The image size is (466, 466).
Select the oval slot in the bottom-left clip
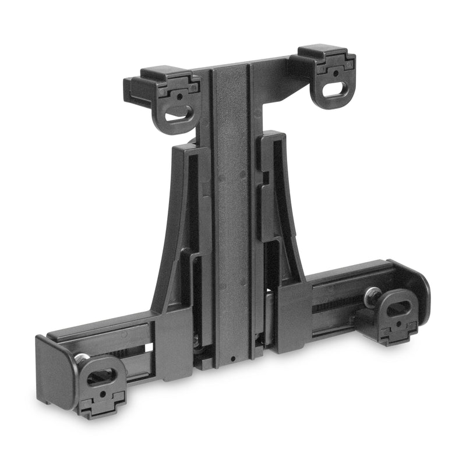click(100, 376)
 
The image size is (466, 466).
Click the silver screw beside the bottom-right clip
click(370, 296)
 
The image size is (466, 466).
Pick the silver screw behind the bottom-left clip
click(82, 358)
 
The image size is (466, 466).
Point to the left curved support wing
click(175, 233)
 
